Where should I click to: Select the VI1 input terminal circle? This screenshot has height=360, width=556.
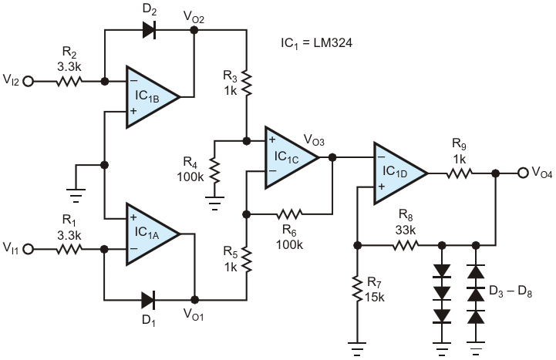coord(30,249)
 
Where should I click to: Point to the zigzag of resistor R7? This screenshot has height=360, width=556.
coord(357,291)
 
